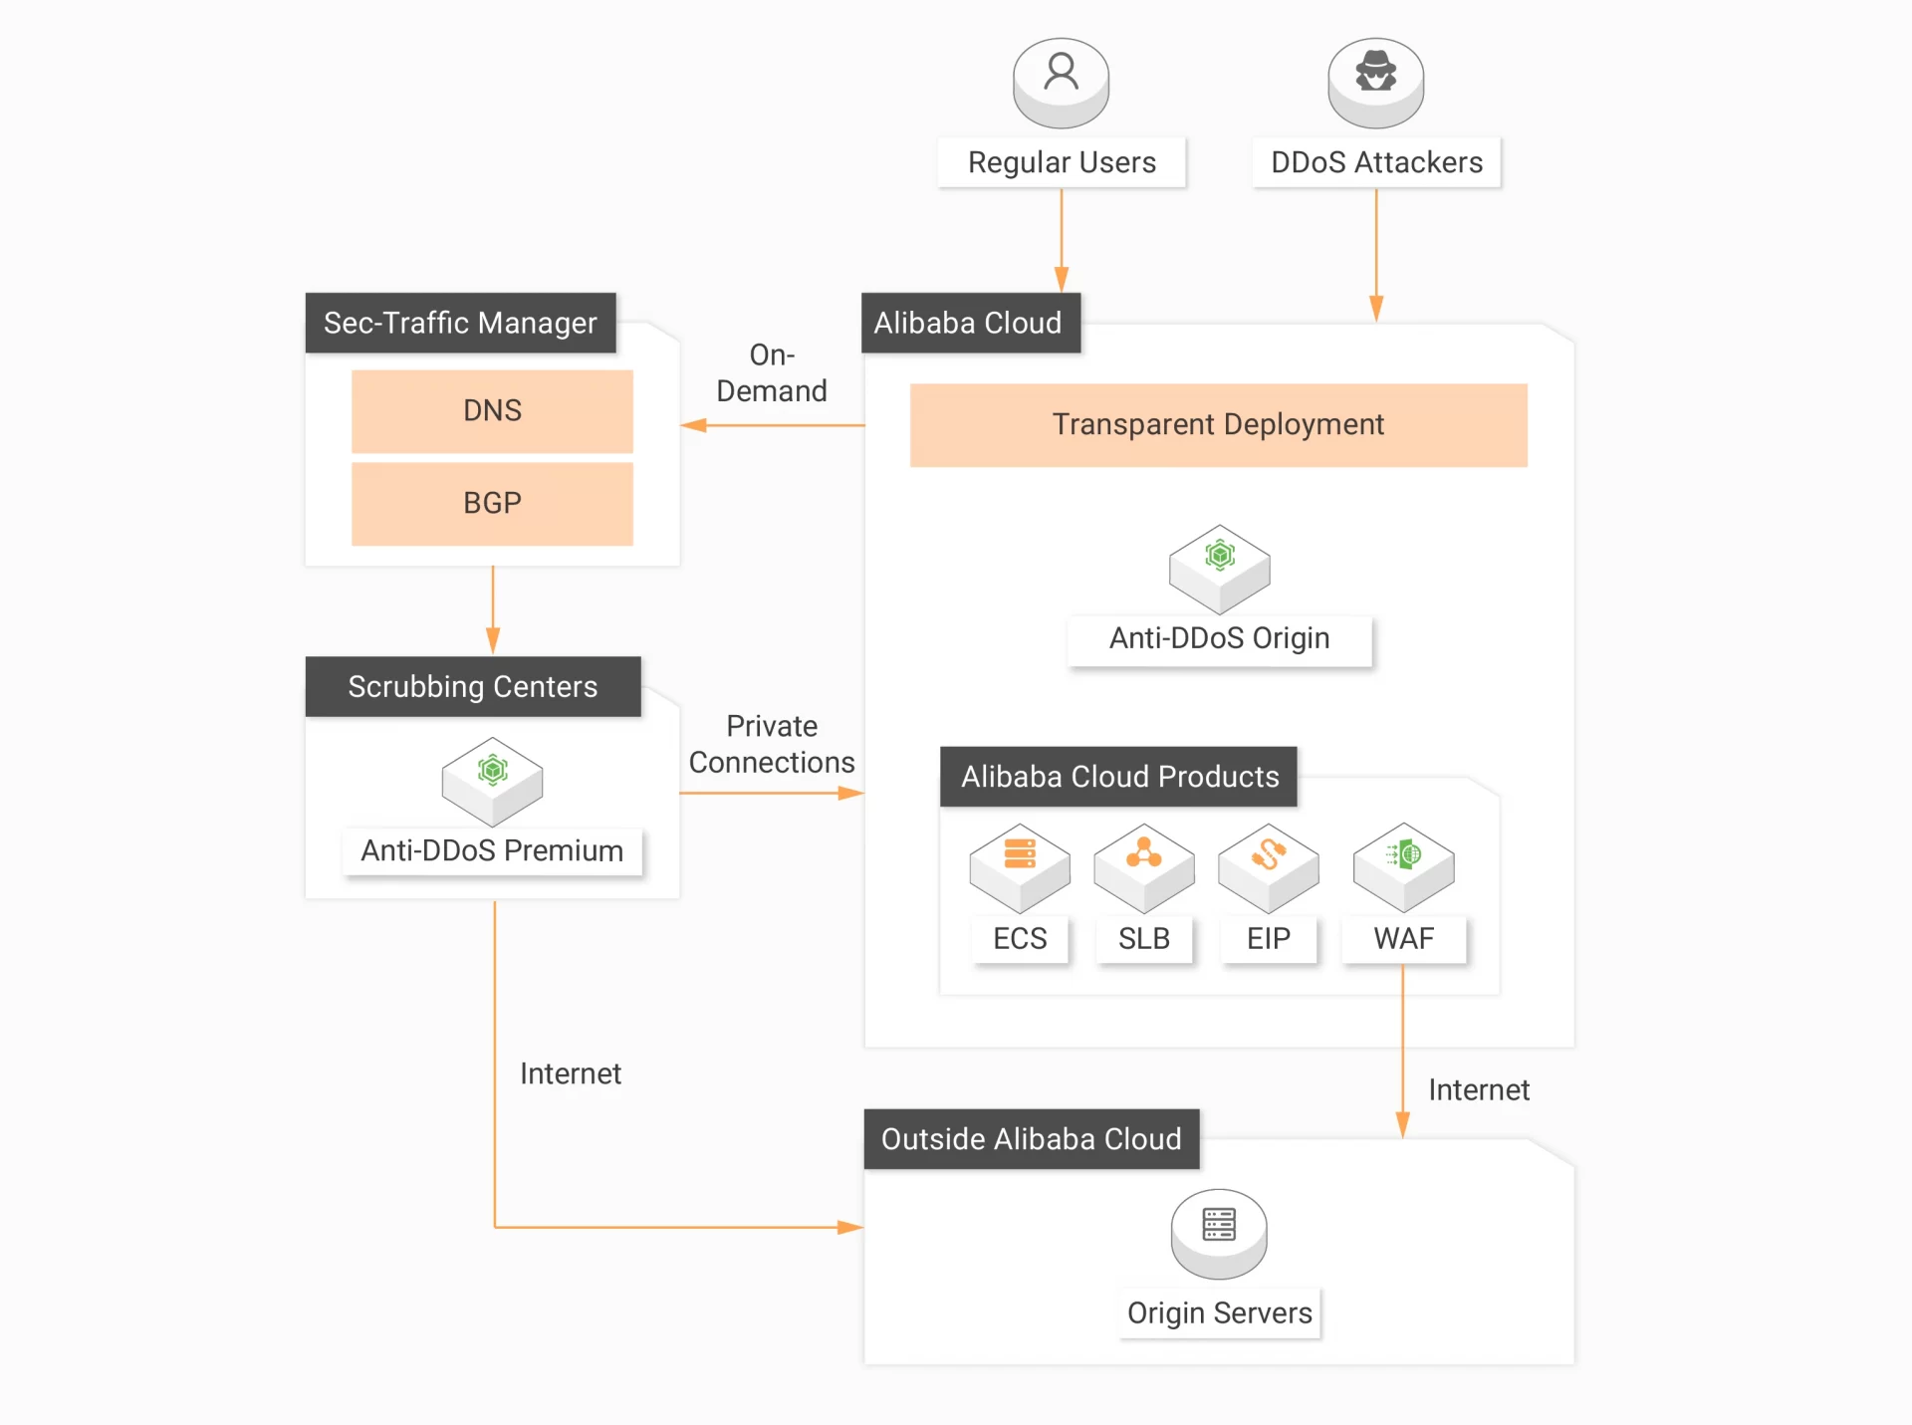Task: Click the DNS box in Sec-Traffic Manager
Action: pyautogui.click(x=492, y=410)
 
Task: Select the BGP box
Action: pyautogui.click(x=492, y=503)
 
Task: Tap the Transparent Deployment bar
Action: pyautogui.click(x=1218, y=424)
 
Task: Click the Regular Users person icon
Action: pyautogui.click(x=1061, y=80)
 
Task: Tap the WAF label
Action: pyautogui.click(x=1403, y=938)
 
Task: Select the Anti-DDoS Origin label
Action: pyautogui.click(x=1219, y=638)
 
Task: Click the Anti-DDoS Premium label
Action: pyautogui.click(x=492, y=851)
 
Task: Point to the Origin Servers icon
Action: pyautogui.click(x=1219, y=1232)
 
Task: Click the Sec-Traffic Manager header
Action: pyautogui.click(x=460, y=323)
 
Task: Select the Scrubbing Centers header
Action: pyautogui.click(x=472, y=686)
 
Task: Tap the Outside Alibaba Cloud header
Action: pyautogui.click(x=1031, y=1138)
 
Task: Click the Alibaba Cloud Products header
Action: pyautogui.click(x=1118, y=776)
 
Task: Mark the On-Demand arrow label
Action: pyautogui.click(x=772, y=373)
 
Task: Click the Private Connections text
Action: pyautogui.click(x=772, y=744)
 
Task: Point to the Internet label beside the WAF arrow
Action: pyautogui.click(x=1478, y=1090)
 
